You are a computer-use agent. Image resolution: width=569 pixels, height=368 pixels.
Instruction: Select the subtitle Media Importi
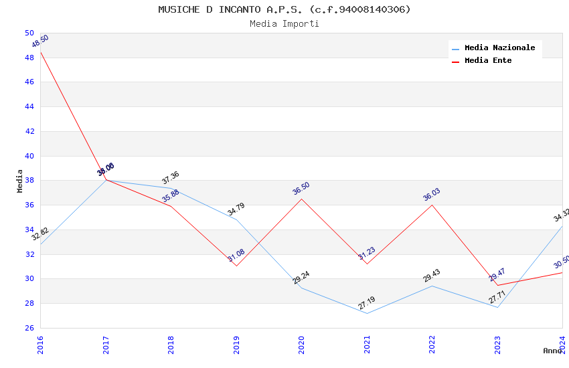click(284, 23)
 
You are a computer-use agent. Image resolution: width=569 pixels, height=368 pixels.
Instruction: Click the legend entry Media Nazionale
click(499, 48)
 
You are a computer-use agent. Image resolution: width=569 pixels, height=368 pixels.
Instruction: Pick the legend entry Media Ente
click(488, 60)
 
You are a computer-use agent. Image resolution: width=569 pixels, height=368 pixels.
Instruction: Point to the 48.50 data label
click(40, 41)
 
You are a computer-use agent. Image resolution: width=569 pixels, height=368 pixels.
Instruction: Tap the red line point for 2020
click(301, 199)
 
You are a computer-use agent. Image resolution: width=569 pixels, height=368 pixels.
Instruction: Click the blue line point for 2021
click(367, 313)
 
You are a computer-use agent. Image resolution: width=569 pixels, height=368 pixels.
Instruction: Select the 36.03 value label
click(432, 195)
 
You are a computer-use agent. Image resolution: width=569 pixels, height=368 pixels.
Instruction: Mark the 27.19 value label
click(366, 304)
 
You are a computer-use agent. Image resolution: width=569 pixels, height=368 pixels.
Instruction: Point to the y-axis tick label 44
click(29, 107)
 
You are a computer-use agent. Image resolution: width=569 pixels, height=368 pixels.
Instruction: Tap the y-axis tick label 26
click(29, 328)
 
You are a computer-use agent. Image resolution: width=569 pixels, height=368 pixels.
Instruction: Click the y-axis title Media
click(20, 181)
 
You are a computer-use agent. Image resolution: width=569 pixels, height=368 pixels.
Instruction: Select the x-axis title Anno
click(553, 351)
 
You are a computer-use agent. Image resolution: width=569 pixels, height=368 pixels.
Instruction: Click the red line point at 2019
click(236, 266)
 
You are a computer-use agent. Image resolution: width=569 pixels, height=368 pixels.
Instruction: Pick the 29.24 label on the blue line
click(301, 278)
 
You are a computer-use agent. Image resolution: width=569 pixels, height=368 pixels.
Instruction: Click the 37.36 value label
click(171, 178)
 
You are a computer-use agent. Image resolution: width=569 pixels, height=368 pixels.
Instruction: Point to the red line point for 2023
click(497, 285)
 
